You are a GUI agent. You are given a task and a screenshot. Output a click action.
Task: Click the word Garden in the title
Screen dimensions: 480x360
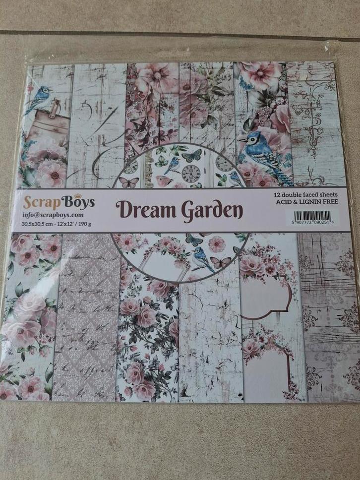211,211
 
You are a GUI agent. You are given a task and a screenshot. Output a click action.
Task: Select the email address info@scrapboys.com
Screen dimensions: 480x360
53,215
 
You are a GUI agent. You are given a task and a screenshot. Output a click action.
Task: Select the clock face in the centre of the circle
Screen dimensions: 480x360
191,174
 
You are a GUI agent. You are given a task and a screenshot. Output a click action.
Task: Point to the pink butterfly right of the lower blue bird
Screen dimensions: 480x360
220,261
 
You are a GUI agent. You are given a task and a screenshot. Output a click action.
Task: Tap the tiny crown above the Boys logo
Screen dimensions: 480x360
77,195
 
